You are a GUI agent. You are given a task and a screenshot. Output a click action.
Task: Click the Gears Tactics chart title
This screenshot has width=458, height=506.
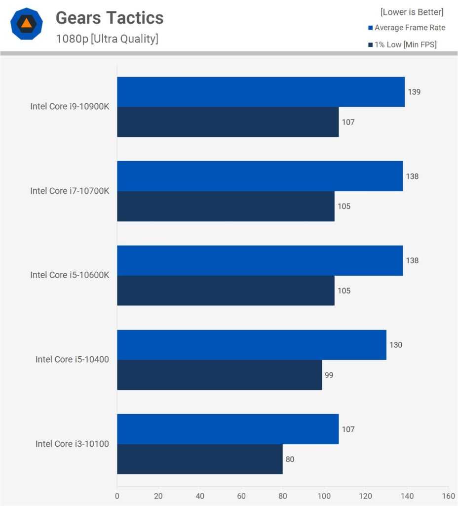click(x=110, y=18)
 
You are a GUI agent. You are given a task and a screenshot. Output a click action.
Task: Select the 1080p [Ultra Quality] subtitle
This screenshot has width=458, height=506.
click(x=107, y=39)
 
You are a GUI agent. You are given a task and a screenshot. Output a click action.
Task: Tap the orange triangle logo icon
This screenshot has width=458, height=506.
click(x=26, y=23)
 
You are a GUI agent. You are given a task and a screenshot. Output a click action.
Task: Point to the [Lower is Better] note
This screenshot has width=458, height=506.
click(x=412, y=12)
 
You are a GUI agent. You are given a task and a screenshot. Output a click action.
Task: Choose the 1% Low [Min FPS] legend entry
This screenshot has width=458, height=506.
click(x=402, y=44)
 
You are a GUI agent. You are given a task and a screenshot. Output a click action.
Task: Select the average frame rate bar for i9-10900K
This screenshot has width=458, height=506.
click(x=261, y=92)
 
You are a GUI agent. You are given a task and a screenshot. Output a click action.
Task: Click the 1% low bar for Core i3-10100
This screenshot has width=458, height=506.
click(x=200, y=459)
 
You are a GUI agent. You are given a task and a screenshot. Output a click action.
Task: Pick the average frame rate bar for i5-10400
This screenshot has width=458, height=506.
click(x=252, y=345)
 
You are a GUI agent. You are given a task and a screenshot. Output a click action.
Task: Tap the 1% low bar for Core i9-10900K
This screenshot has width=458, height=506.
click(x=228, y=122)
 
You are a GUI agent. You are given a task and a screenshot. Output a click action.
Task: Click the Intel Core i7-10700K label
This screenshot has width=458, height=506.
click(x=70, y=191)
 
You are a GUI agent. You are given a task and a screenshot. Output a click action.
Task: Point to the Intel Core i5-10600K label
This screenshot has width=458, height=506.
click(x=70, y=275)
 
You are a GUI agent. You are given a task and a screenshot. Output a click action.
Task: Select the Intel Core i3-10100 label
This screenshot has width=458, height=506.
click(x=72, y=444)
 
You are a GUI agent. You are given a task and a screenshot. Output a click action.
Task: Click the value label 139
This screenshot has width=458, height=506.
click(x=414, y=92)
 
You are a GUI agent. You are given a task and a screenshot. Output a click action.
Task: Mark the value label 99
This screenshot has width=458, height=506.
click(x=329, y=375)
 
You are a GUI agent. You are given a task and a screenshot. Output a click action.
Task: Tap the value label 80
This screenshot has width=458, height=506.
click(x=290, y=459)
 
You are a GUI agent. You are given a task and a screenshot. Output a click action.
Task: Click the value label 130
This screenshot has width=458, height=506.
click(x=396, y=345)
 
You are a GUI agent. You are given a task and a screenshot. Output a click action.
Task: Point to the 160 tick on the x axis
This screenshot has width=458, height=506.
click(x=448, y=496)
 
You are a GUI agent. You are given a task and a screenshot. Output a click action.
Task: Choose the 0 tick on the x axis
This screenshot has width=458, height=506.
click(x=117, y=496)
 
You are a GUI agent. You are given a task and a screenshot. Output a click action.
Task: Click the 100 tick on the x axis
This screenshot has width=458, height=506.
click(x=324, y=496)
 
